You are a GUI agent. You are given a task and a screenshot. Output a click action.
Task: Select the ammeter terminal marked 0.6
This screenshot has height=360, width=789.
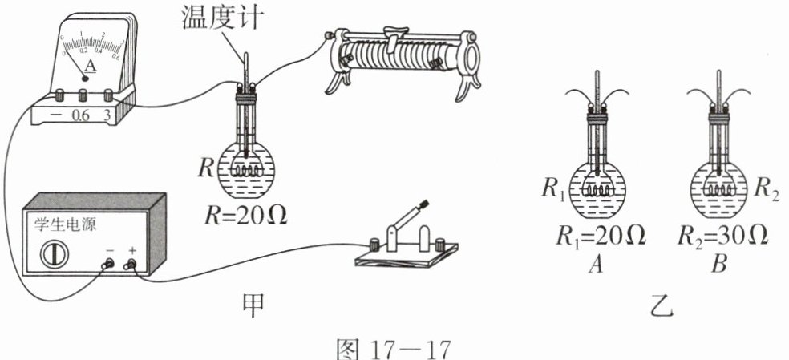(81, 95)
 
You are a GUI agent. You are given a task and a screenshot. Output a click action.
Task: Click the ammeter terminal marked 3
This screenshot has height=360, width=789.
(108, 95)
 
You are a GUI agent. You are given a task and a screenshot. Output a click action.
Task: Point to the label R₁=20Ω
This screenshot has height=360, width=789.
(597, 237)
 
